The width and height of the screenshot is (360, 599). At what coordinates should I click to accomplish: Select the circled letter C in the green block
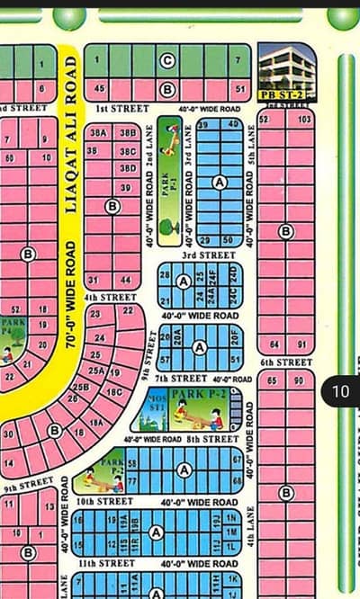[x=166, y=61]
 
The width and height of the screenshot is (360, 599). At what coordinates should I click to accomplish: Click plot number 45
[x=99, y=88]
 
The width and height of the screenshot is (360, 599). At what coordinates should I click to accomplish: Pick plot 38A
[x=98, y=132]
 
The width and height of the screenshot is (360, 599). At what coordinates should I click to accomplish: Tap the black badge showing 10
[x=340, y=391]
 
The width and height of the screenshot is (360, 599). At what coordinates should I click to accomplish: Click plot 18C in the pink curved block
[x=114, y=392]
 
